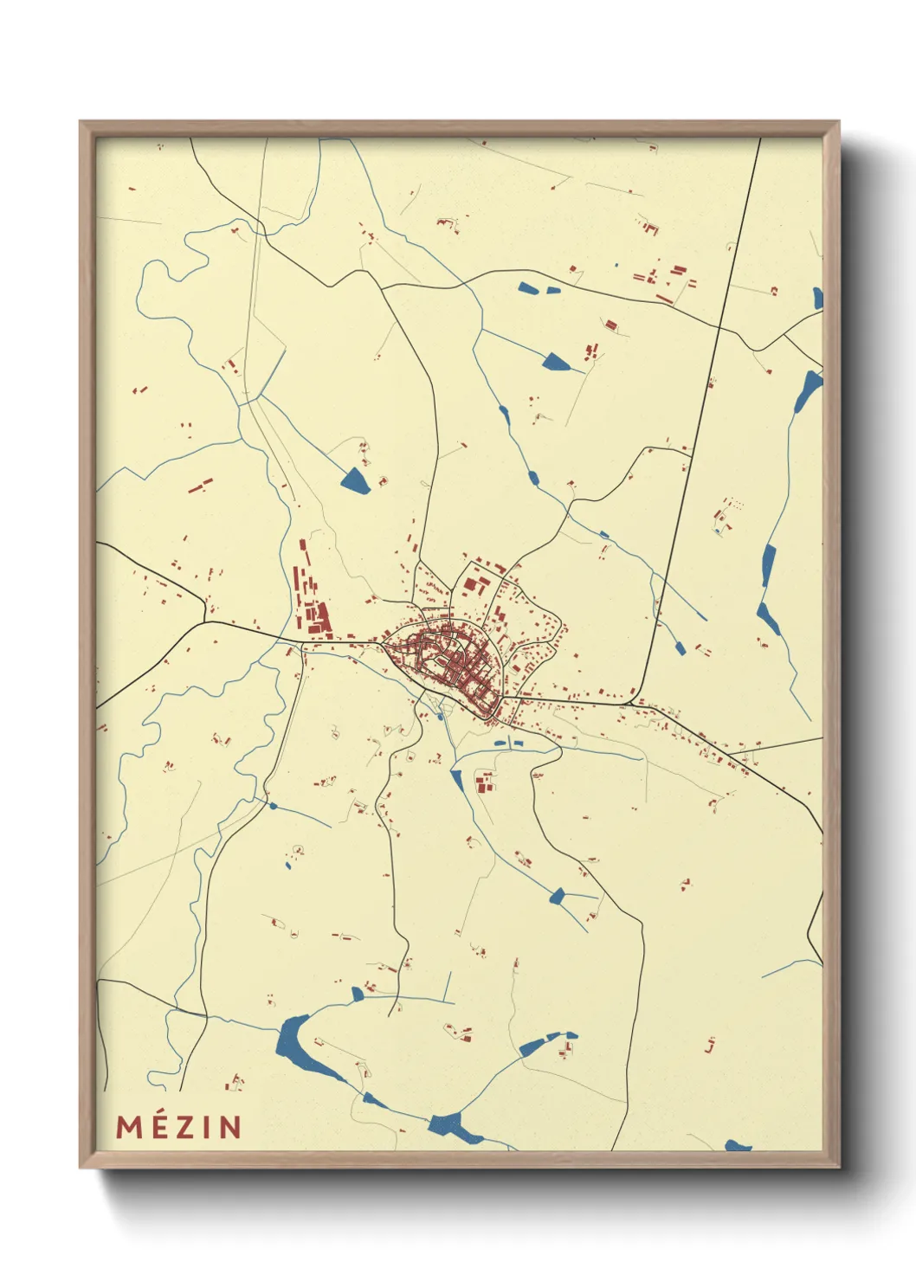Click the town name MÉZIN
179,1126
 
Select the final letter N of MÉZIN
229,1126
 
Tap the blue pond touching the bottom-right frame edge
738,1145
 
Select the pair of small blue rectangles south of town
509,742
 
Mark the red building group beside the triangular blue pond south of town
483,783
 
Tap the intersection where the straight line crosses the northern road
719,327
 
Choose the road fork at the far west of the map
205,620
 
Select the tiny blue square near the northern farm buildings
616,265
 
